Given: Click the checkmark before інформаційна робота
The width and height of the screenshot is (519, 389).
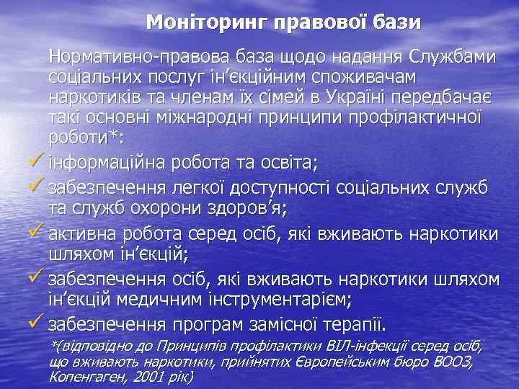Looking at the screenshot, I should pos(36,160).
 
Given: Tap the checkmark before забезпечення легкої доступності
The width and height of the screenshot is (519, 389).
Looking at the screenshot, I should pos(36,189).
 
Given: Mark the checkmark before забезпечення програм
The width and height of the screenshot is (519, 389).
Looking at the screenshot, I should pos(36,322).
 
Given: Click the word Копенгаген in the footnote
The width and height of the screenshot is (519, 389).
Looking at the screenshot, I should pos(86,377).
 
